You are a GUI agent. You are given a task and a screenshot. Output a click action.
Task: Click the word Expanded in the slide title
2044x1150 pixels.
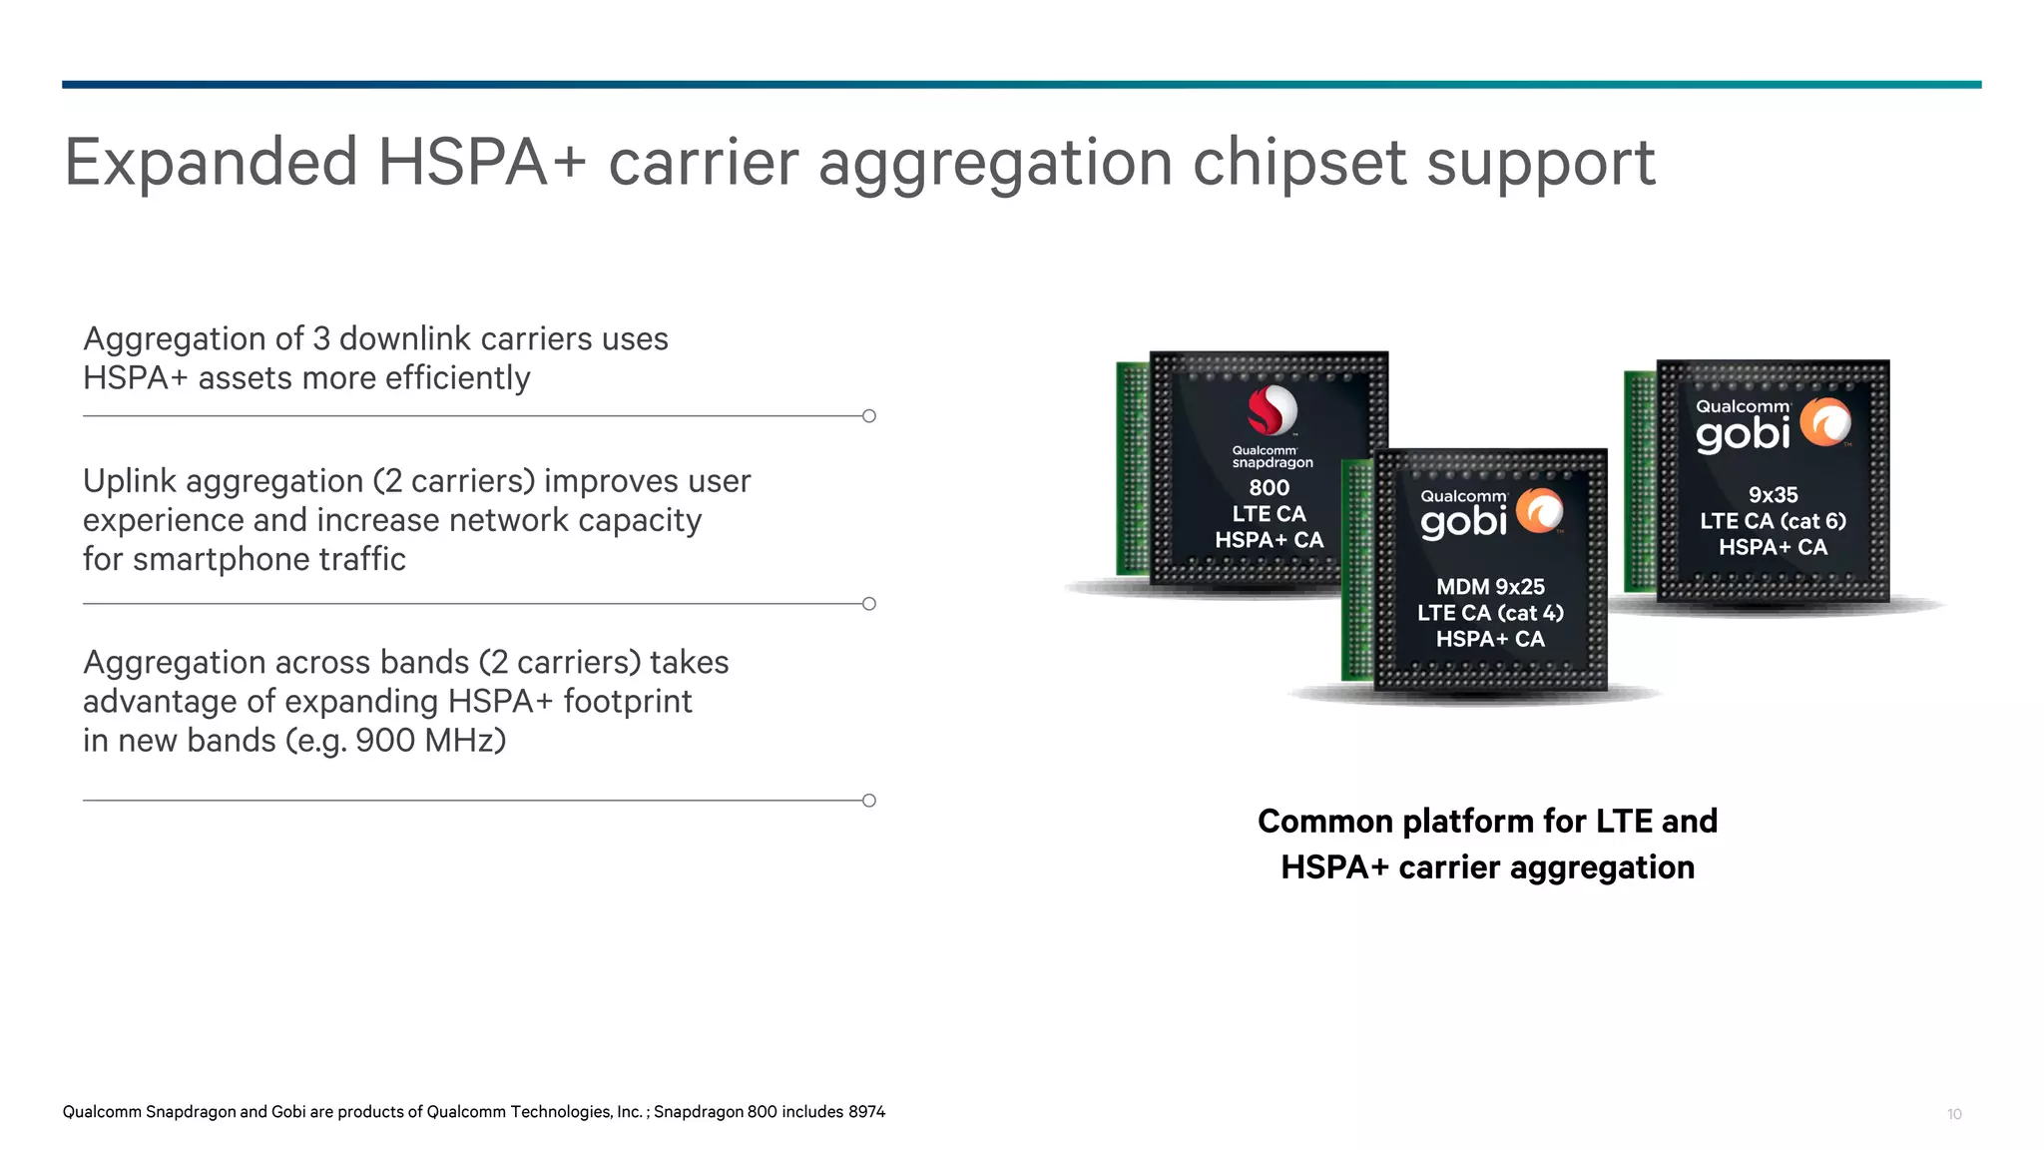[211, 163]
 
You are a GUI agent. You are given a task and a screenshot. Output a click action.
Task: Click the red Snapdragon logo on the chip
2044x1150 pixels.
[1272, 410]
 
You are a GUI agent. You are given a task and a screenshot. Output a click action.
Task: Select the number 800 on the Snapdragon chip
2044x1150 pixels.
[1269, 488]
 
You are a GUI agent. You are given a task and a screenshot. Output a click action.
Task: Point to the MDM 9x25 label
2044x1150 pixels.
[1490, 587]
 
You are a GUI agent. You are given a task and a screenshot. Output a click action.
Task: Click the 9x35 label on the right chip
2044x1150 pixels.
[1773, 495]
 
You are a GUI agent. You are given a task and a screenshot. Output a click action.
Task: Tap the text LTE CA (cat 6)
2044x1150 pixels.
[1773, 521]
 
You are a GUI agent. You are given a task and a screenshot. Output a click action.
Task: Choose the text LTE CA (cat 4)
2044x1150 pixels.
[1490, 613]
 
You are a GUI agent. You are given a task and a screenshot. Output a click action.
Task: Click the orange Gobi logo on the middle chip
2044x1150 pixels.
[1540, 512]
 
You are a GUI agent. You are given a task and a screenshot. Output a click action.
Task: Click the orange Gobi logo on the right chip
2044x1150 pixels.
[1825, 422]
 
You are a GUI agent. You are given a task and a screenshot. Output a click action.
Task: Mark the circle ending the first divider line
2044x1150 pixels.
[869, 416]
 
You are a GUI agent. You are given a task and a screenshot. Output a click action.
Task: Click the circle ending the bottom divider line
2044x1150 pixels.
[869, 801]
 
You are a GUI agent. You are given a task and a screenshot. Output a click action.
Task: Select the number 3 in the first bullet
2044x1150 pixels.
[320, 339]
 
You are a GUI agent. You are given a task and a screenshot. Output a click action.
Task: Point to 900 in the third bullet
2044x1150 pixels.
[379, 741]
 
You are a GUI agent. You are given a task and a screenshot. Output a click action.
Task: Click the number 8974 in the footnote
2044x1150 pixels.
[866, 1112]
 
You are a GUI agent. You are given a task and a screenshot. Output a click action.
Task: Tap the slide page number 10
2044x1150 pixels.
[1954, 1114]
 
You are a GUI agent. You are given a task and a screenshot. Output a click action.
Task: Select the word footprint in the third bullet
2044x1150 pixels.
[627, 702]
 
